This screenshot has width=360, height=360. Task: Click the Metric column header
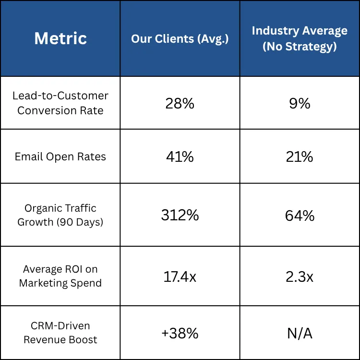[x=60, y=38]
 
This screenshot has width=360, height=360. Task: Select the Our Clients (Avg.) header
[x=180, y=39]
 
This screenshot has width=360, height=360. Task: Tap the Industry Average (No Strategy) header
[x=300, y=38]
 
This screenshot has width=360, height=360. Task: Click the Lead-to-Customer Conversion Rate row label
[x=60, y=103]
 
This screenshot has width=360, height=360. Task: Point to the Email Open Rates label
[x=60, y=156]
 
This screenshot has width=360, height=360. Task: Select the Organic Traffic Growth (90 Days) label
[x=60, y=215]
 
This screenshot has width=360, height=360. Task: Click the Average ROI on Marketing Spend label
[x=60, y=276]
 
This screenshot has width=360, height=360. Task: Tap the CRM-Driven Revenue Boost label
[x=60, y=333]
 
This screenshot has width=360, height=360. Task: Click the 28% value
[x=180, y=103]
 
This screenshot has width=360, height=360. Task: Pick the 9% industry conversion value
[x=300, y=103]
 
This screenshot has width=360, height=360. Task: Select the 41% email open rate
[x=180, y=156]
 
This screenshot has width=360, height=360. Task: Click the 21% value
[x=300, y=156]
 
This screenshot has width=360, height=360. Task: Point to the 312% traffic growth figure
[x=180, y=216]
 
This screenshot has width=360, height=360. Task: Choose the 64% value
[x=300, y=216]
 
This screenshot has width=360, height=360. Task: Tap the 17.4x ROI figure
[x=180, y=276]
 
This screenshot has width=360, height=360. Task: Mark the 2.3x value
[x=300, y=276]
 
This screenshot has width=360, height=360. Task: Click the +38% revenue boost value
[x=180, y=333]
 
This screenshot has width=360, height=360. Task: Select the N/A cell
[x=300, y=333]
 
